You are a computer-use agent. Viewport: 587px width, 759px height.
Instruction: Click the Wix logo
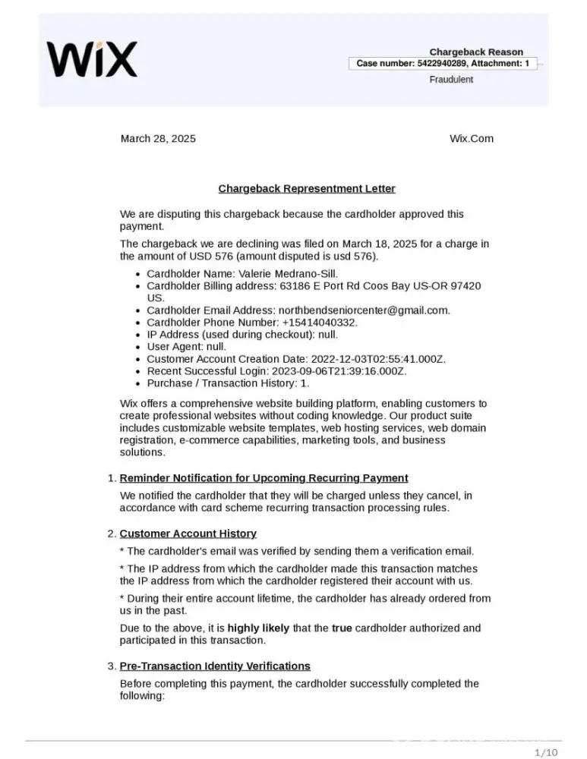coord(92,58)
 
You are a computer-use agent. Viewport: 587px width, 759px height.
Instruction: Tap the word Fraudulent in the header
coord(451,79)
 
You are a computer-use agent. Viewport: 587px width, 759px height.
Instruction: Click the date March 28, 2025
coord(158,138)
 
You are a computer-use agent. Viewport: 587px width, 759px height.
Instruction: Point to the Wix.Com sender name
coord(471,138)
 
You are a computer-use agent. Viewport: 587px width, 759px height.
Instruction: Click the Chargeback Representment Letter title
coord(307,188)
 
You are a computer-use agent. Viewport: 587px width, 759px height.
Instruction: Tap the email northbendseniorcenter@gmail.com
coord(364,310)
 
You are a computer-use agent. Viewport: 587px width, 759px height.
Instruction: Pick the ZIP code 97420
coord(466,285)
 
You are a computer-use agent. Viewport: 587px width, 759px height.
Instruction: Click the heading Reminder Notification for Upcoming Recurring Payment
coord(264,477)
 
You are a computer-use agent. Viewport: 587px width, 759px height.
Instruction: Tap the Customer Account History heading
coord(188,534)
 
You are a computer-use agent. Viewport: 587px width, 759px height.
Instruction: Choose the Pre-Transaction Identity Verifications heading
coord(215,666)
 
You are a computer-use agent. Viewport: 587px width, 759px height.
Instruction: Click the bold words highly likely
coord(257,628)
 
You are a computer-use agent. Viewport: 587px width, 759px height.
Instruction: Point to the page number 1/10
coord(546,752)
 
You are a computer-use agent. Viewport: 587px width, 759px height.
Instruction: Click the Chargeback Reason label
coord(476,52)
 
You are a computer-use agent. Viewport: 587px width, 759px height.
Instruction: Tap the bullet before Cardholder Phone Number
coord(136,323)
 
